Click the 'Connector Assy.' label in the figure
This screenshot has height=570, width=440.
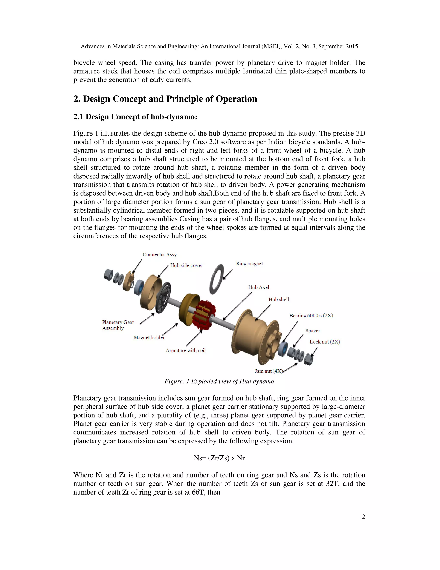coord(160,254)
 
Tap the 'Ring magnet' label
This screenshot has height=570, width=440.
coord(249,264)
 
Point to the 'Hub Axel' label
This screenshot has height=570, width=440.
coord(259,287)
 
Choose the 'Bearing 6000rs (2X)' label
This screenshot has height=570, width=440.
coord(311,316)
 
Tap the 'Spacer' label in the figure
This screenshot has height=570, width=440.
coord(313,331)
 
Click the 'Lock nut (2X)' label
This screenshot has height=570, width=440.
coord(325,342)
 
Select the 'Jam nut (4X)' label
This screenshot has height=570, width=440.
coord(269,371)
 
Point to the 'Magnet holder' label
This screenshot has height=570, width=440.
coord(149,337)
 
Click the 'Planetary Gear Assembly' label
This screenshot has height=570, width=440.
coord(118,325)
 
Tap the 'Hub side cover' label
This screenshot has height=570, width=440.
coord(186,265)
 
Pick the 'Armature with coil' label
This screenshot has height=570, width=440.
coord(186,351)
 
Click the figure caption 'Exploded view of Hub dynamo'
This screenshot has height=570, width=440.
coord(219,381)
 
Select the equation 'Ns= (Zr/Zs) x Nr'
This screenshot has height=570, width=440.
coord(219,458)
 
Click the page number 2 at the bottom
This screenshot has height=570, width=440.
coord(363,517)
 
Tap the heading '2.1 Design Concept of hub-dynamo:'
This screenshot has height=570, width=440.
coord(135,117)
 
